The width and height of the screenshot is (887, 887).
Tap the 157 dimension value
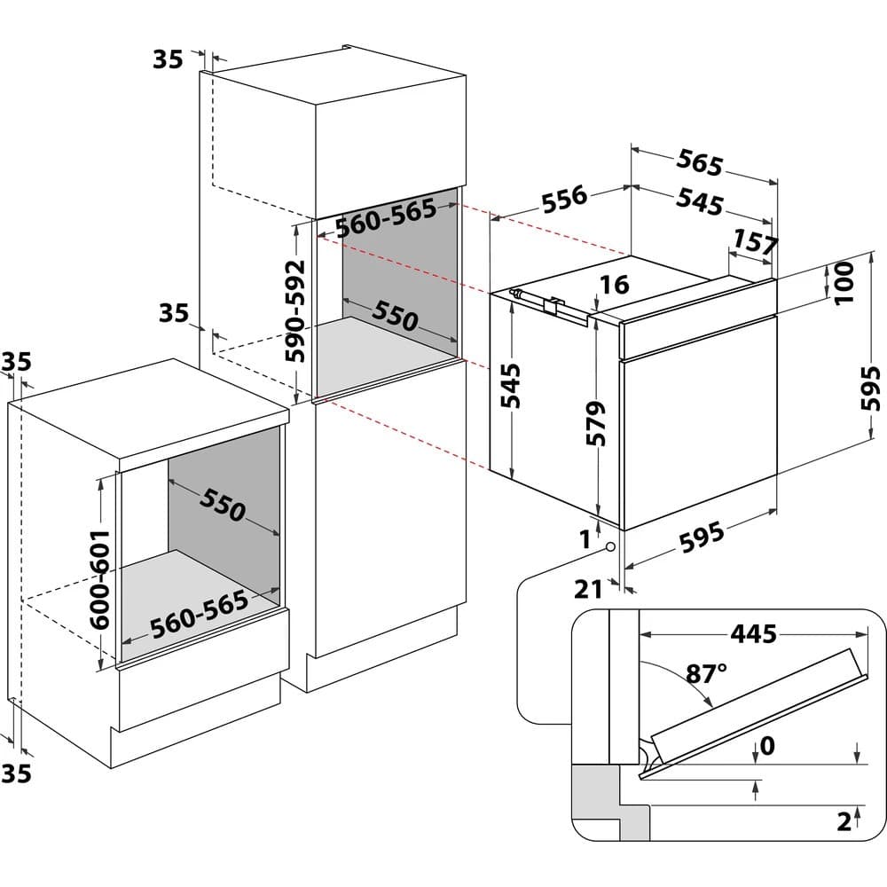pos(755,241)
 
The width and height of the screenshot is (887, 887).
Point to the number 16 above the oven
pos(614,284)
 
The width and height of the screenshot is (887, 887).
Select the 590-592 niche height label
pos(294,310)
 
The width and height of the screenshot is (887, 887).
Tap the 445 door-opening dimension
pos(753,633)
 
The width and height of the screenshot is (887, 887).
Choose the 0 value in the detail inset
pos(766,746)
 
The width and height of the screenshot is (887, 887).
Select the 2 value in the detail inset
pos(844,820)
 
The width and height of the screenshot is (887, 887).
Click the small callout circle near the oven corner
pos(611,547)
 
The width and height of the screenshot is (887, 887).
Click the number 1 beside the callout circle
pos(585,537)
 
